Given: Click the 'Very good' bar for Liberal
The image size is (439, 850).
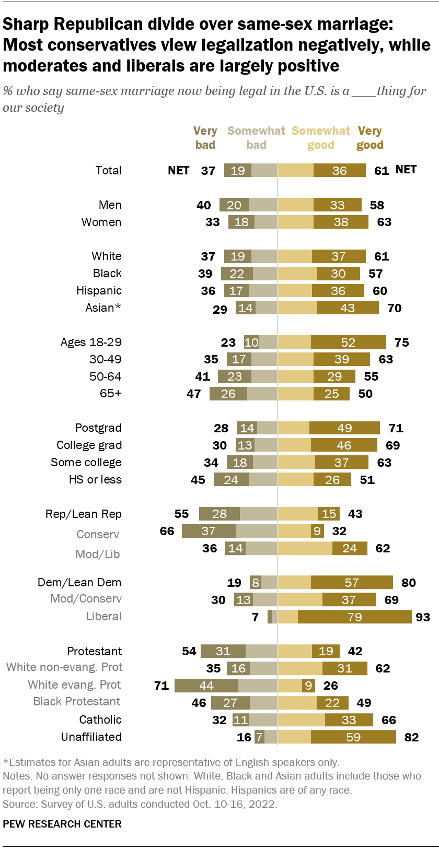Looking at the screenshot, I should (x=354, y=617).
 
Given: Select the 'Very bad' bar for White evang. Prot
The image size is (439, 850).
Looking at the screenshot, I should (x=206, y=686).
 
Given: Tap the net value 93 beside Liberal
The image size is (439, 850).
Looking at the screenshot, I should (x=422, y=617).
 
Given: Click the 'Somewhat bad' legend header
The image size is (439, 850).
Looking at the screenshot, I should (x=256, y=138).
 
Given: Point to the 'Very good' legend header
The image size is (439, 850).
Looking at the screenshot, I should (x=369, y=138).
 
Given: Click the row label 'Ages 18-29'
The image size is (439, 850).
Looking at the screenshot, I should (x=91, y=342).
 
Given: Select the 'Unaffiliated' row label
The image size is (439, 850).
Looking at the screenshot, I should (x=91, y=737).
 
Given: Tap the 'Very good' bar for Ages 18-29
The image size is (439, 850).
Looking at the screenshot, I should (x=348, y=342).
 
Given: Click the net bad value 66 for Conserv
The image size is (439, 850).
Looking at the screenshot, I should (x=167, y=531).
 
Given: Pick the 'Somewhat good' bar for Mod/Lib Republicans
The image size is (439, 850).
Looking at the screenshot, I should (x=305, y=548).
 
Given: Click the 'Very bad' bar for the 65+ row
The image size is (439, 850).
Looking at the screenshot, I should (x=228, y=394).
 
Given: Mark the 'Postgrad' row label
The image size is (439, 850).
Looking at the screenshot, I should (x=98, y=428).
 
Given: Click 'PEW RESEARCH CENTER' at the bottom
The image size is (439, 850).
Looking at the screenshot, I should (x=62, y=824).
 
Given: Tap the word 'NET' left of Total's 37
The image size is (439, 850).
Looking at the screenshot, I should (x=178, y=170).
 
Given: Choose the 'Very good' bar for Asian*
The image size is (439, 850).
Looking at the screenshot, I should (x=348, y=308).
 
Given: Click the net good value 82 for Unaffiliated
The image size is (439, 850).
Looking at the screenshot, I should (x=411, y=737).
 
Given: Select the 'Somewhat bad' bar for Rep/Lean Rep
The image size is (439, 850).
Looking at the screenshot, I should (x=258, y=514).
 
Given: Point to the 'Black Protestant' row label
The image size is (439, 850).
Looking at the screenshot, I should (x=76, y=701).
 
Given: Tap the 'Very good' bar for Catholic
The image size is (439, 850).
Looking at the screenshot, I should (x=349, y=720).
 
